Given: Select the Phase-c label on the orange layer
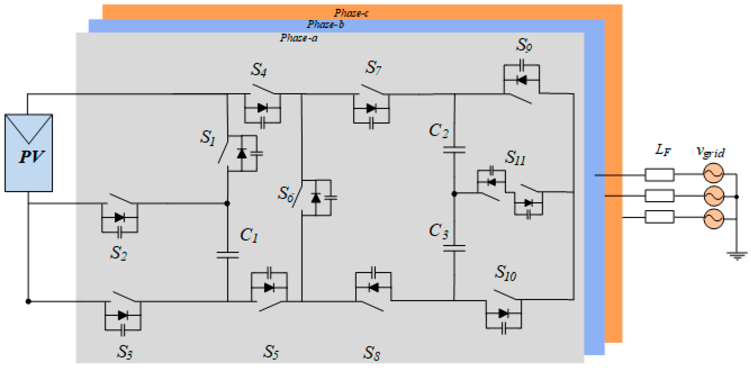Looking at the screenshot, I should pos(351,13).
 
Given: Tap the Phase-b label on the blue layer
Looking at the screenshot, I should pos(325,24).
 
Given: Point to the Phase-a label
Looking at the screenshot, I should pos(299,38).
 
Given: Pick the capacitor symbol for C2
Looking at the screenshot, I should pos(454,150).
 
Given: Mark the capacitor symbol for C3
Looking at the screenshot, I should pos(454,248).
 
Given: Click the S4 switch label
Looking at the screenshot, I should pos(259,70).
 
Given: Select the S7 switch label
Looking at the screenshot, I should pos(373,68).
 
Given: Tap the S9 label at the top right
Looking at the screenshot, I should pos(524,45).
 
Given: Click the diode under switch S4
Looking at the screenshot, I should pos(262,108).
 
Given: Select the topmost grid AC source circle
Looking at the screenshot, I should pos(713,173).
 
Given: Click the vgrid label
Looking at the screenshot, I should pos(710,152).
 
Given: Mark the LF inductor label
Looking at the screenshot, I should pos(663,150).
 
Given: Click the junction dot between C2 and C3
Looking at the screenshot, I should pos(454,194).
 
